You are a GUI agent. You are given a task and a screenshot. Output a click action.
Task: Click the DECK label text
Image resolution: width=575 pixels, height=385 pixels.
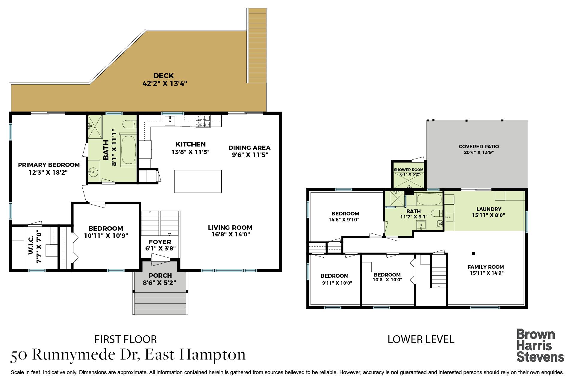click(x=164, y=76)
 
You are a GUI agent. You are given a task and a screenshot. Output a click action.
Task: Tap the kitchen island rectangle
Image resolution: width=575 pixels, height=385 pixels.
click(x=198, y=181)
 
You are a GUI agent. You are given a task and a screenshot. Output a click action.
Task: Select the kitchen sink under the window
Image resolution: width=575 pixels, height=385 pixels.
click(x=170, y=121)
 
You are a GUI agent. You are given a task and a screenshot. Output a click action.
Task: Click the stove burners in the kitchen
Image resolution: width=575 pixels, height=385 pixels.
click(x=203, y=122)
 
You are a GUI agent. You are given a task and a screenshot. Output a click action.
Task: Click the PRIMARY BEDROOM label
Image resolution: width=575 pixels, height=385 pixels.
click(x=49, y=165)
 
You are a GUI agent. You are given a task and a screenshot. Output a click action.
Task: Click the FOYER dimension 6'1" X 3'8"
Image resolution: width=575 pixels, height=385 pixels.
click(x=160, y=248)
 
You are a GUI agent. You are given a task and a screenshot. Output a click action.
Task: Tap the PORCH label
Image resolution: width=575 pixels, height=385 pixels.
click(x=160, y=275)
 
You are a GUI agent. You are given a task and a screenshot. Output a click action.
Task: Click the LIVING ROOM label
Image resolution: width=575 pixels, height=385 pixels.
click(x=230, y=228)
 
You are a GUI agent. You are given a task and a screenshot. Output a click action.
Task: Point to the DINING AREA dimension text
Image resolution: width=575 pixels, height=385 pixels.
click(x=249, y=155)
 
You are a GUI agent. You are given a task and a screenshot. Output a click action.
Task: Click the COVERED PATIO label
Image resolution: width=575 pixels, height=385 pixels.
click(x=479, y=147)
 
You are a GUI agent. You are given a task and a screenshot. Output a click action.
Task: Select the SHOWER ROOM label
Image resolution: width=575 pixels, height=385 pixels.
click(x=408, y=170)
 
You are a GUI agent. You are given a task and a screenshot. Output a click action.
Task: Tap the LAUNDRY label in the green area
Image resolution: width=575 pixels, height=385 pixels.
click(x=488, y=209)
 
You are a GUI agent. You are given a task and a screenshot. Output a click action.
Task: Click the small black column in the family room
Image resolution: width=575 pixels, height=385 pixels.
click(x=473, y=253)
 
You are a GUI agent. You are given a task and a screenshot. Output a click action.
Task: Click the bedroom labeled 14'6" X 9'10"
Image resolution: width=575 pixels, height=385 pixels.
click(x=345, y=216)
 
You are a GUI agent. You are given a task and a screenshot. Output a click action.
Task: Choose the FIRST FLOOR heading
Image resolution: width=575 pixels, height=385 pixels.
click(x=126, y=339)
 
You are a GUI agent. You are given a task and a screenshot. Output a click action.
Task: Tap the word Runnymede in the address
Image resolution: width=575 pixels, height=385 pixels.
click(x=84, y=355)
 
